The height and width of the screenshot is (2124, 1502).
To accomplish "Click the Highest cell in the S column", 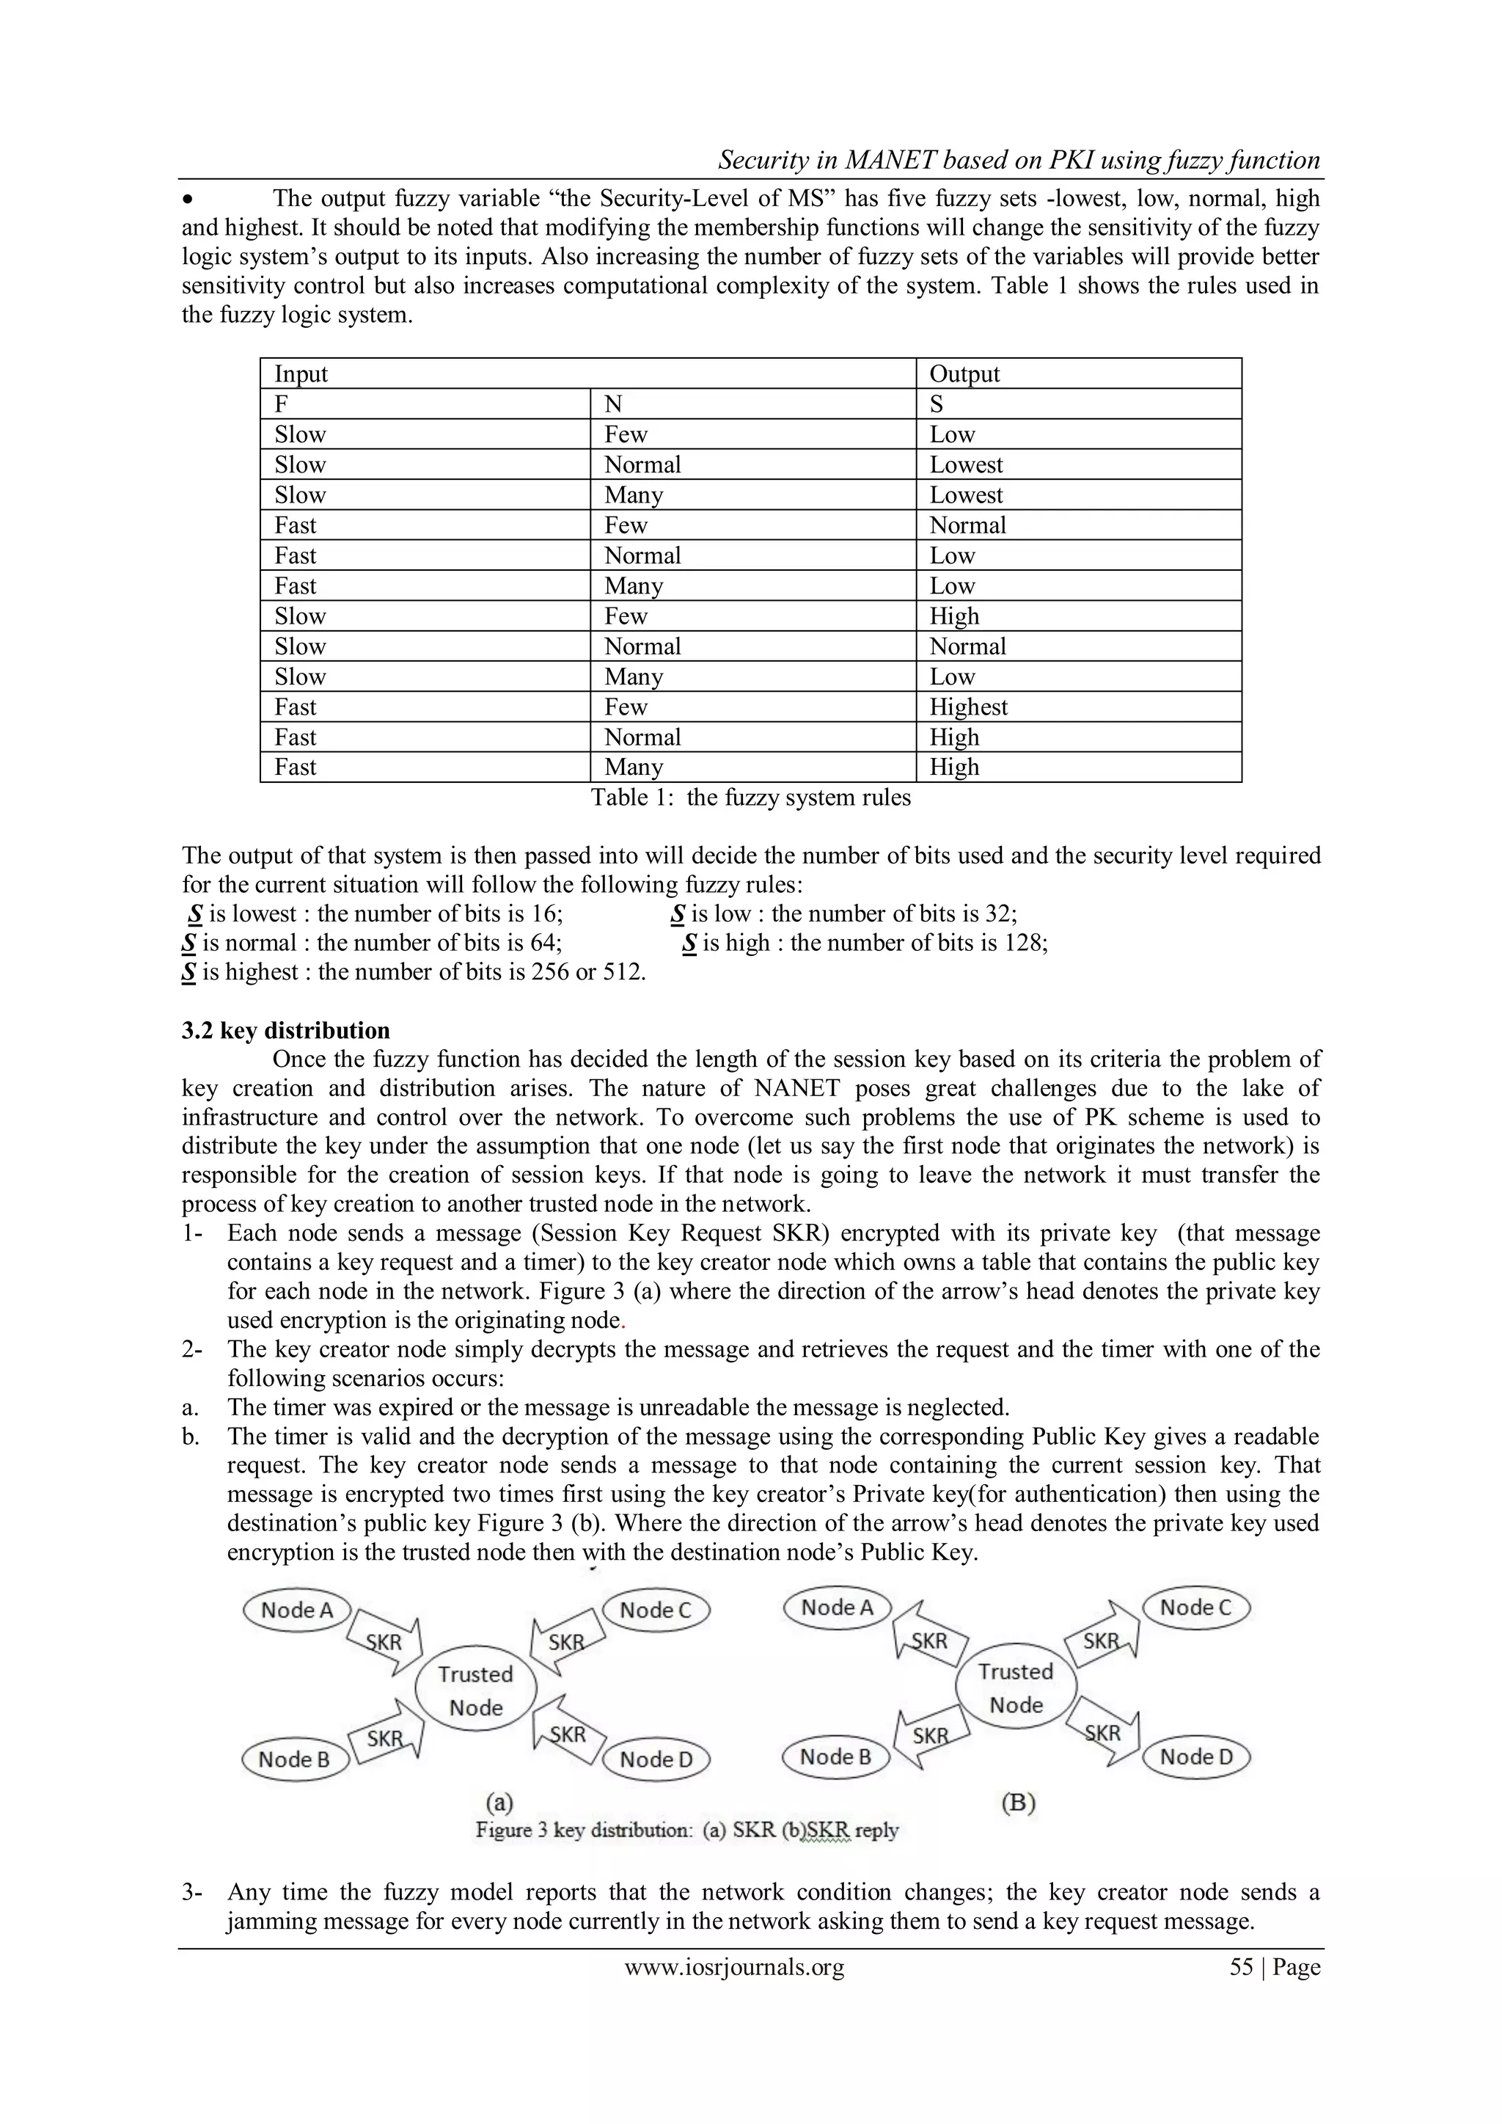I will tap(967, 707).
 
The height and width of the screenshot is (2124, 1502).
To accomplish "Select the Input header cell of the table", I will tap(301, 373).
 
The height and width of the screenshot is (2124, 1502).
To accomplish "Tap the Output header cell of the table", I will tap(964, 373).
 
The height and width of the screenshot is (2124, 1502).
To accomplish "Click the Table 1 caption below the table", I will tap(750, 798).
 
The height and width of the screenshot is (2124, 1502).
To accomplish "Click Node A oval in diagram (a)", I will tap(296, 1610).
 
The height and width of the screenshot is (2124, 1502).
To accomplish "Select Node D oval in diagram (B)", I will tap(1196, 1756).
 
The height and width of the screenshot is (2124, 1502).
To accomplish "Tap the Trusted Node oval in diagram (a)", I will tap(475, 1690).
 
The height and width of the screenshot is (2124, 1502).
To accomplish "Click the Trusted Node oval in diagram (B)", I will tap(1016, 1687).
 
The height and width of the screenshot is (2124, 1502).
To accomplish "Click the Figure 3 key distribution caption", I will tap(686, 1830).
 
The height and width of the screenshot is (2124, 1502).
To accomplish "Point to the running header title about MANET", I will tap(1018, 160).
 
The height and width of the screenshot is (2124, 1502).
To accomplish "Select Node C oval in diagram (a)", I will tap(655, 1610).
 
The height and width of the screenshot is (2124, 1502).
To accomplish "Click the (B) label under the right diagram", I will tap(1017, 1802).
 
